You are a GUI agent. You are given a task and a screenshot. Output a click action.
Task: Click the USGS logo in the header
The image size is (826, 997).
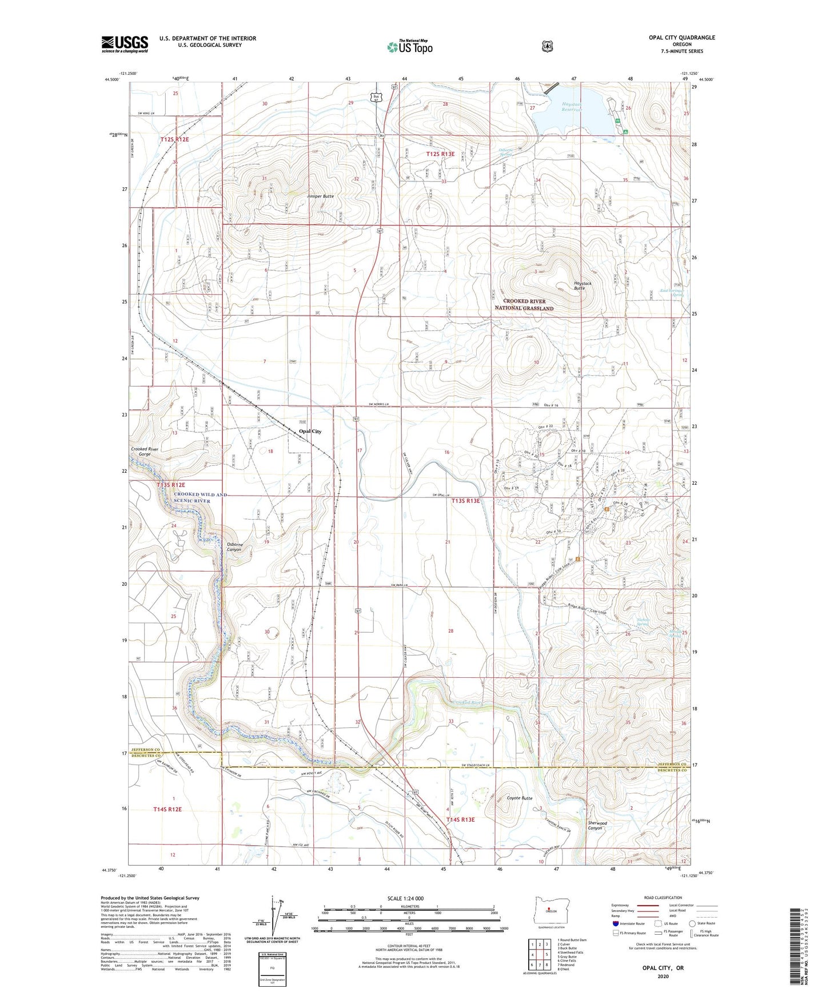point(125,44)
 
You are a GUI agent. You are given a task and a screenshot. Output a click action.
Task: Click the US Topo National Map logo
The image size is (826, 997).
point(409,47)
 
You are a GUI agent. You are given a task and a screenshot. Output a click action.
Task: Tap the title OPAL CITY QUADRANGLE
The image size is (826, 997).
point(681,38)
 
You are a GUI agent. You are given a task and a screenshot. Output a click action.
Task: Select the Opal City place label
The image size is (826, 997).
point(310,432)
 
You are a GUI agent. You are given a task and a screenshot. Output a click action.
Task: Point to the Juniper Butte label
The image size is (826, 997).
point(320,196)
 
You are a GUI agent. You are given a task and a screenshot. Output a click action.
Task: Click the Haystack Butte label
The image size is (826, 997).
point(582,286)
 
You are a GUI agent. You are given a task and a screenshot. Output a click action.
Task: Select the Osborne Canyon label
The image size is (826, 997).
point(234,547)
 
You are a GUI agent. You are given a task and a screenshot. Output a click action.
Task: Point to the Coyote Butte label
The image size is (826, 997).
point(520,798)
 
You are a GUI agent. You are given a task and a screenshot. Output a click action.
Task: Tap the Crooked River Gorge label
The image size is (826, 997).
point(144,452)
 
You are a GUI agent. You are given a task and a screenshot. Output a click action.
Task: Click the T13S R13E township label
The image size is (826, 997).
point(465,501)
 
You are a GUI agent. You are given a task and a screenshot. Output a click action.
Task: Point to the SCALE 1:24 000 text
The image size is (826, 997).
point(405,898)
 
